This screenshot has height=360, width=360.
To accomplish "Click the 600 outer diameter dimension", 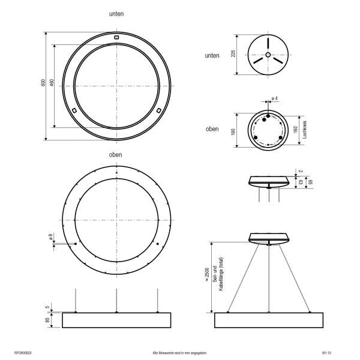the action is [43, 83].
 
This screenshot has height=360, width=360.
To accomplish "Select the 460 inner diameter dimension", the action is [52, 83].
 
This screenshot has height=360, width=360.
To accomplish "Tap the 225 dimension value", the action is [233, 54].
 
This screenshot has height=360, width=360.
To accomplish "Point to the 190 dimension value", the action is [233, 132].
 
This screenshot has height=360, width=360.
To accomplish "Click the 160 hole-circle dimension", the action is [295, 129].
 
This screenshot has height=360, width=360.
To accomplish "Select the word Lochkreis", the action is [305, 130].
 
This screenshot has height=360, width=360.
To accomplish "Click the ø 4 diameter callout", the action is [275, 98].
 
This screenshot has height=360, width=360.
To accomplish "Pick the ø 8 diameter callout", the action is [51, 236].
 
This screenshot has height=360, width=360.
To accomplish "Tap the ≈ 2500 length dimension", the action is [207, 274].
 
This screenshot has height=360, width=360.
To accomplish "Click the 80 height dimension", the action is [47, 320].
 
